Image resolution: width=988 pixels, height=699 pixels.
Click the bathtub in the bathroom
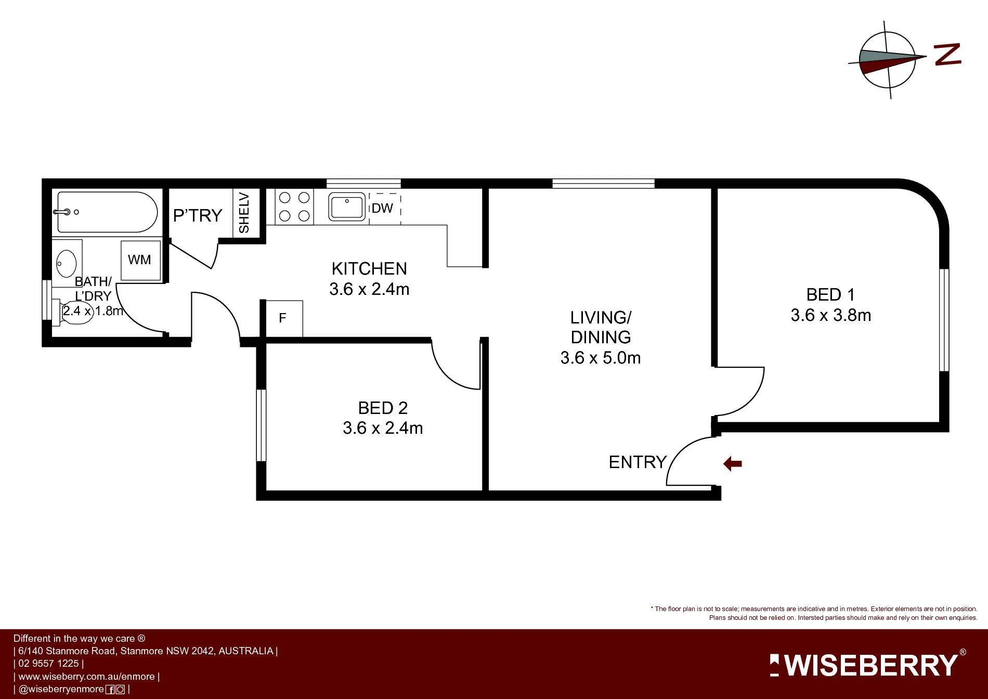coord(107,212)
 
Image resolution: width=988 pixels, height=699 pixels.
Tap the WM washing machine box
coord(140,260)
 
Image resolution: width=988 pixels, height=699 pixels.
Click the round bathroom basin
coord(66,264)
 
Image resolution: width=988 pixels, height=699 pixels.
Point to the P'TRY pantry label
coord(198,215)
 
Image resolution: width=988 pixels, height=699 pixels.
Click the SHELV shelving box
coord(245,213)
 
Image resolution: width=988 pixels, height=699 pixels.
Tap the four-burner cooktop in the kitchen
coord(295,206)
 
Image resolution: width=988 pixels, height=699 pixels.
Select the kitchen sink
coord(347,206)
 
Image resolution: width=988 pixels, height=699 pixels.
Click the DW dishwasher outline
coord(384,208)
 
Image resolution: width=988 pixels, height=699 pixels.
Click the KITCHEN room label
coord(369,269)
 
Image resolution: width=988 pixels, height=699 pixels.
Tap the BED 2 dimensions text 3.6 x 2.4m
coord(383,428)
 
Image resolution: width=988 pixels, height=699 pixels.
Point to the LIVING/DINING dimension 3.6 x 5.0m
coord(601,358)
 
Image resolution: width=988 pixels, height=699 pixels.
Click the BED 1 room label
coord(830,295)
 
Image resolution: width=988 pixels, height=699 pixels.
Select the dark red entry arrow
coord(733,463)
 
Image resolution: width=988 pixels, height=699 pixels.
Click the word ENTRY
coord(638,462)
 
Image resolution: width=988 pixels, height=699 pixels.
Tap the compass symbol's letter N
coord(947,55)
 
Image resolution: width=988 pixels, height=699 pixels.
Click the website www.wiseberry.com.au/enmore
coord(86,677)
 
